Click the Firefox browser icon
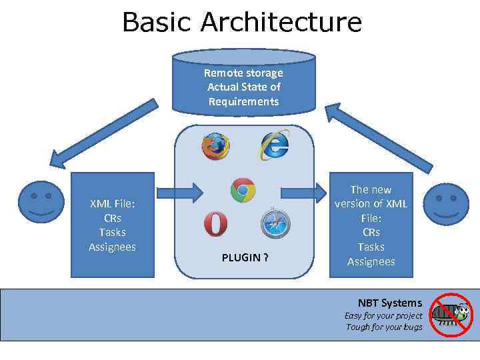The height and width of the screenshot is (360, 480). coord(215,146)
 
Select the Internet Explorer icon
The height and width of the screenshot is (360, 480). coord(274,145)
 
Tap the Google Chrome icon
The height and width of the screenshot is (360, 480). coord(243,191)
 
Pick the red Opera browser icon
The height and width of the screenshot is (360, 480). coord(215,224)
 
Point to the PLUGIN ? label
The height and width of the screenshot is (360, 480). coord(245,257)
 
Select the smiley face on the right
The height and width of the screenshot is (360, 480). coord(447,205)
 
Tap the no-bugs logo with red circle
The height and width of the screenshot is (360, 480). coord(450,315)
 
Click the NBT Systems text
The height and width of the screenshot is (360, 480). coord(389,303)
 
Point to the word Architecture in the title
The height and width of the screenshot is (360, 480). coord(281,22)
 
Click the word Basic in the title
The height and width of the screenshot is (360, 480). coord(157,22)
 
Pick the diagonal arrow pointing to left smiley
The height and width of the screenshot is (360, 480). coord(103,133)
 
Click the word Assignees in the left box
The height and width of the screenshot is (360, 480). coord(112,247)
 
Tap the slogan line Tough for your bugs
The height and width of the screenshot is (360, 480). coord(383,327)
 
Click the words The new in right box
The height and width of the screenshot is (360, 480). coord(371,189)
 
